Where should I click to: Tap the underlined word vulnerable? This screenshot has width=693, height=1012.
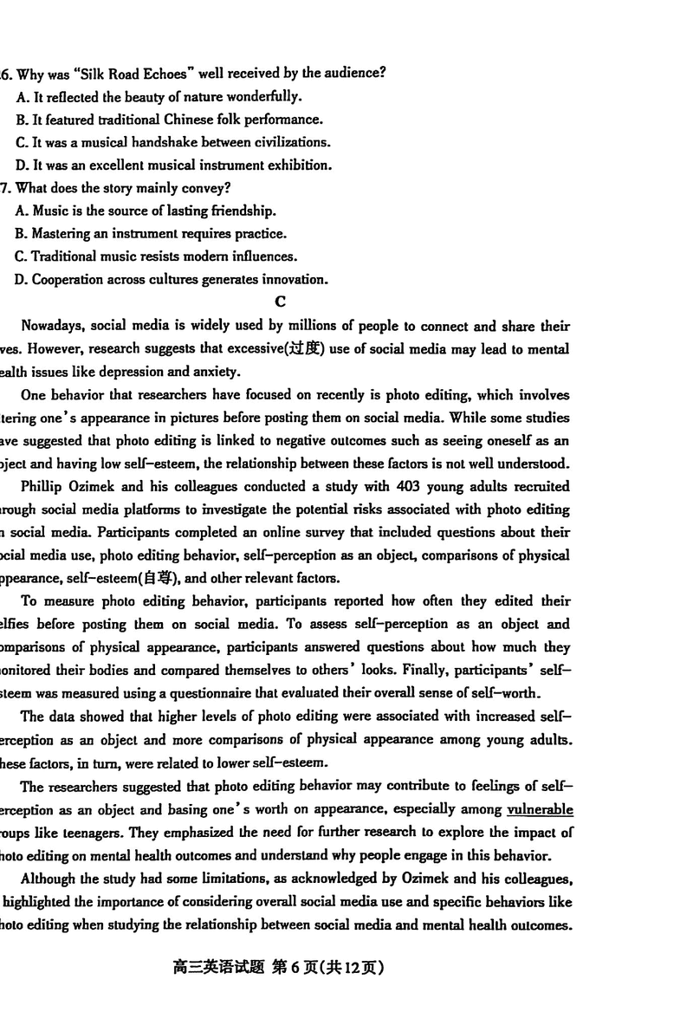[x=539, y=809]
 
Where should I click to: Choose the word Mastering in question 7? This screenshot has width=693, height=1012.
[x=62, y=233]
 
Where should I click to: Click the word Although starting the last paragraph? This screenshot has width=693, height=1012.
[x=49, y=878]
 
